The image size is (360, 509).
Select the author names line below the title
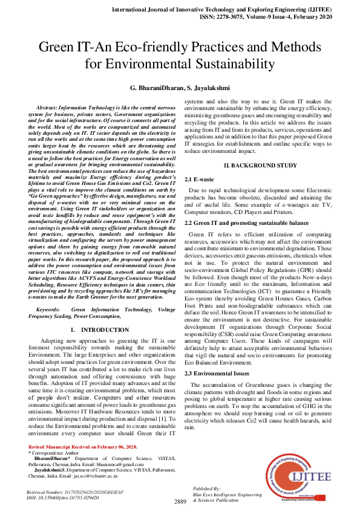[180, 88]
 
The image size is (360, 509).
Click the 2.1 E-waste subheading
[200, 180]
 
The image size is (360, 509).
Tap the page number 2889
[180, 501]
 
